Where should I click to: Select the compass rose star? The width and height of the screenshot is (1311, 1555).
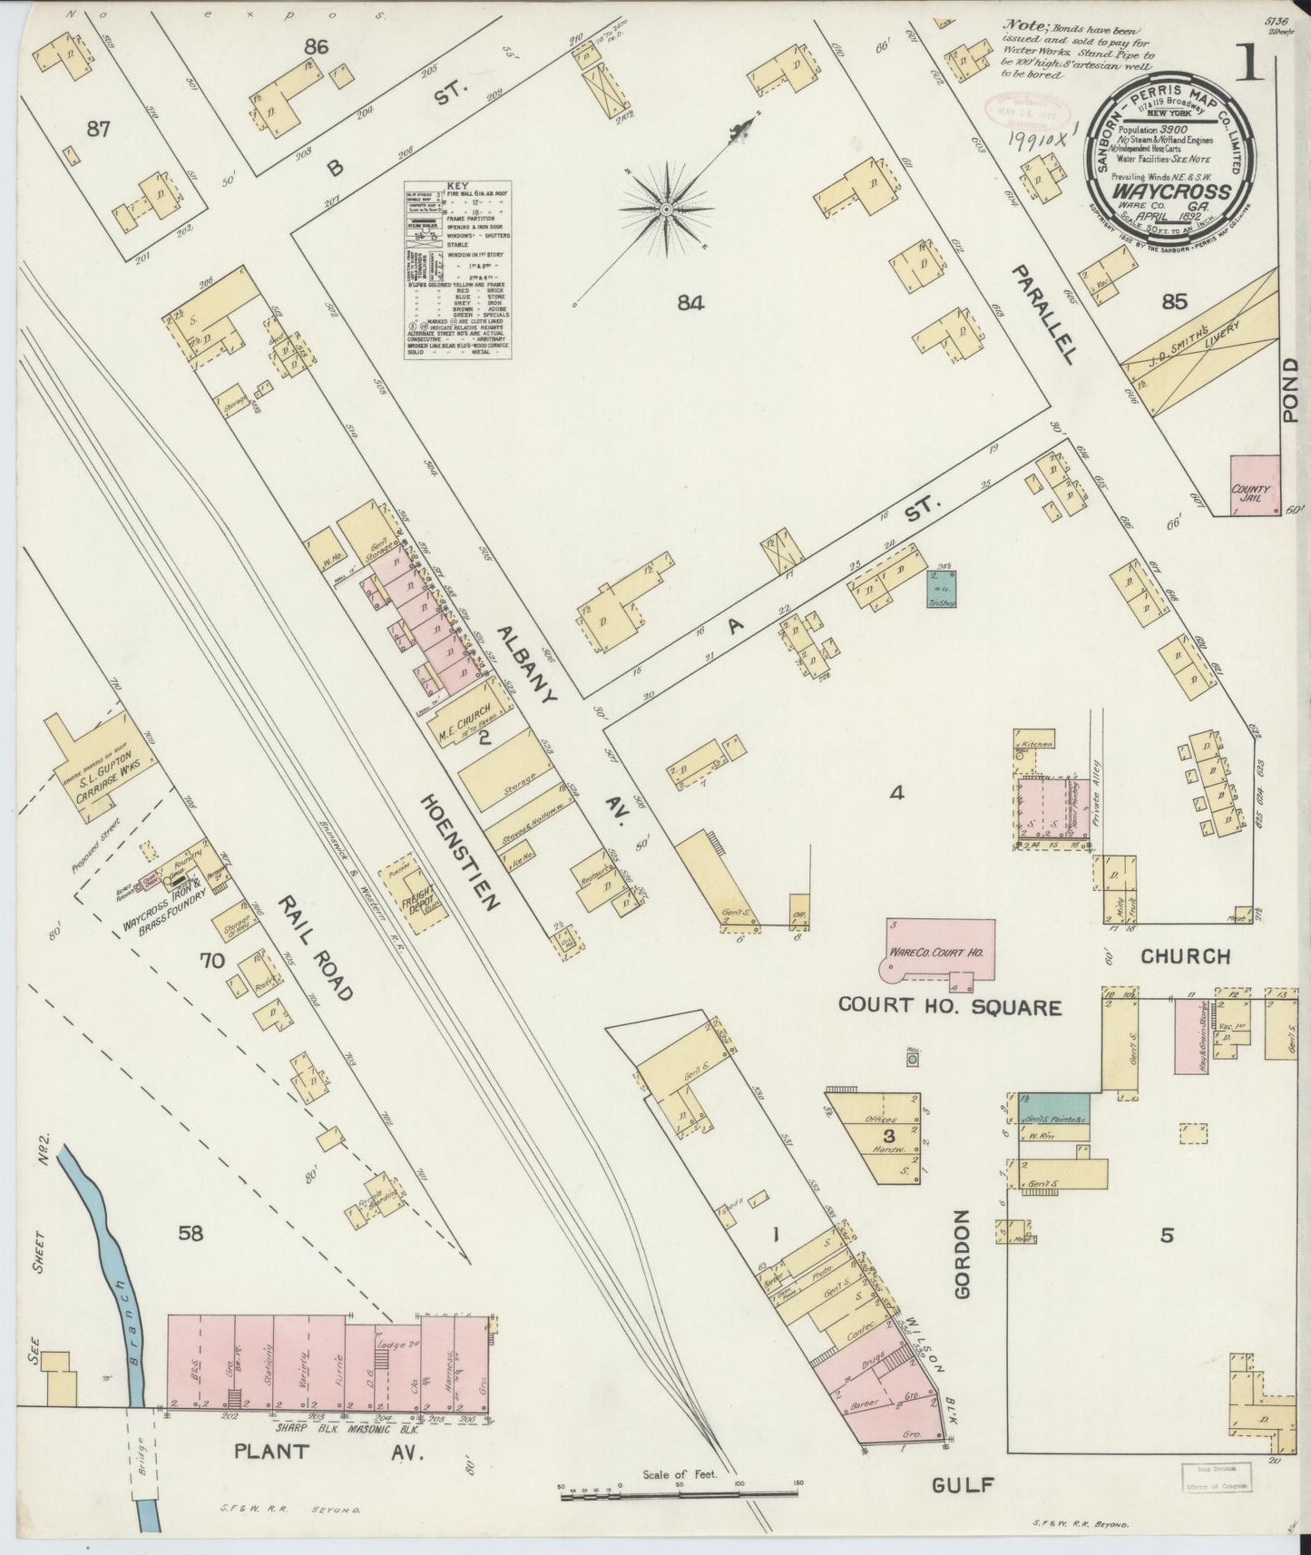[667, 210]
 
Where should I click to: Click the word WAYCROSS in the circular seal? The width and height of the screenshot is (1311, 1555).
[1171, 192]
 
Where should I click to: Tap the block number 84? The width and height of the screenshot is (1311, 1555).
[690, 303]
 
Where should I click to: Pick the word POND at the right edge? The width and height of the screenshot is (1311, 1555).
[1290, 390]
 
